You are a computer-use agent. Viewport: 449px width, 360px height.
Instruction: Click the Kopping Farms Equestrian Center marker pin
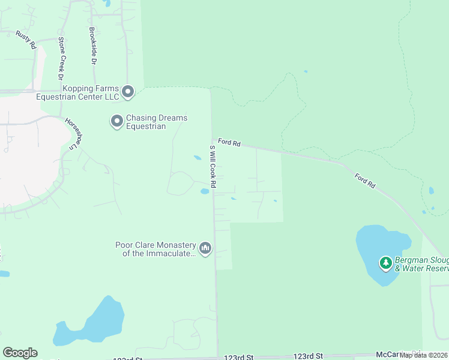(127, 92)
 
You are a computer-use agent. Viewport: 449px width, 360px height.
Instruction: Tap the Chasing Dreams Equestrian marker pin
(116, 122)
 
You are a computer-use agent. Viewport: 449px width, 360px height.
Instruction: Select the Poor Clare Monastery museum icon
(205, 248)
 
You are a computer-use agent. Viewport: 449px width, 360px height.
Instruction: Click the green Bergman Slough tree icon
(386, 263)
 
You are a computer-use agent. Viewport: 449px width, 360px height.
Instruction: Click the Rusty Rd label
(26, 39)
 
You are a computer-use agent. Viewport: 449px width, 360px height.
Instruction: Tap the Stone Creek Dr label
(61, 58)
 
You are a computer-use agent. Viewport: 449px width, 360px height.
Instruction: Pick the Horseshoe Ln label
(73, 133)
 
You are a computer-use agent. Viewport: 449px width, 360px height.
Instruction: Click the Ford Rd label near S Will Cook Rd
(229, 143)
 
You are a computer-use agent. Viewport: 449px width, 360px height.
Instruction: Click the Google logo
(20, 353)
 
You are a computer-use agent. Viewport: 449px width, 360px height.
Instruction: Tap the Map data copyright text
(424, 355)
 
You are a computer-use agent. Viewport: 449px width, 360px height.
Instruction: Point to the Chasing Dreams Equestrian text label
(157, 122)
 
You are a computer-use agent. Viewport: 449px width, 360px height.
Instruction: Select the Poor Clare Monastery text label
(156, 249)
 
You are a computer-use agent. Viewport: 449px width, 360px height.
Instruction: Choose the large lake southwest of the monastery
(96, 324)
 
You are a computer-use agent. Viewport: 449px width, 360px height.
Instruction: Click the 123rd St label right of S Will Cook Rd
(308, 356)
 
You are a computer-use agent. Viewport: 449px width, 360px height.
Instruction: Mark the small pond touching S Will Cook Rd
(205, 191)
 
